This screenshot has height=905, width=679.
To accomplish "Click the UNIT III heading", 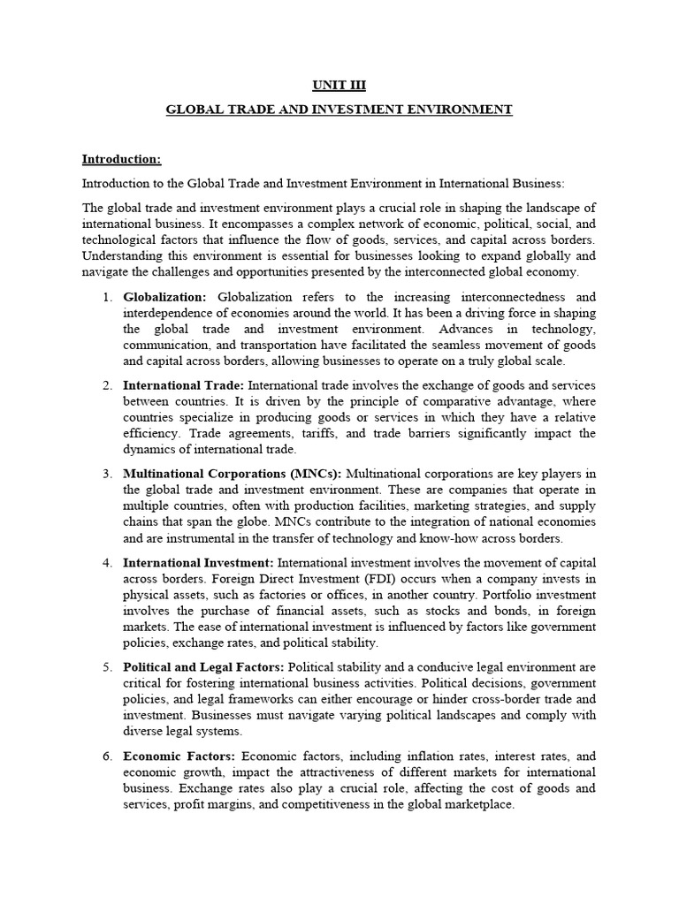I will tap(339, 86).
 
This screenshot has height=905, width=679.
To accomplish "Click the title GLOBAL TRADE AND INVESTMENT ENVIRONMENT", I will tap(339, 110).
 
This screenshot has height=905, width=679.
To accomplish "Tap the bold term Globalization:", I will tap(165, 296).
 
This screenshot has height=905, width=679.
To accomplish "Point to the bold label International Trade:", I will tap(184, 385).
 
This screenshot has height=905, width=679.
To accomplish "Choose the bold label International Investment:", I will tap(199, 562).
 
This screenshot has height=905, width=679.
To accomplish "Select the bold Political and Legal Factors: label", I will tap(204, 666).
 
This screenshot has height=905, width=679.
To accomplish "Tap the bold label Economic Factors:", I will tap(179, 756).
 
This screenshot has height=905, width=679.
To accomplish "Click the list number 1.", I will tap(106, 296).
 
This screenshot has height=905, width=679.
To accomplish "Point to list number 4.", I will tap(106, 562).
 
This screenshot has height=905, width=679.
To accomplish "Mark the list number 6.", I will tap(106, 756).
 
